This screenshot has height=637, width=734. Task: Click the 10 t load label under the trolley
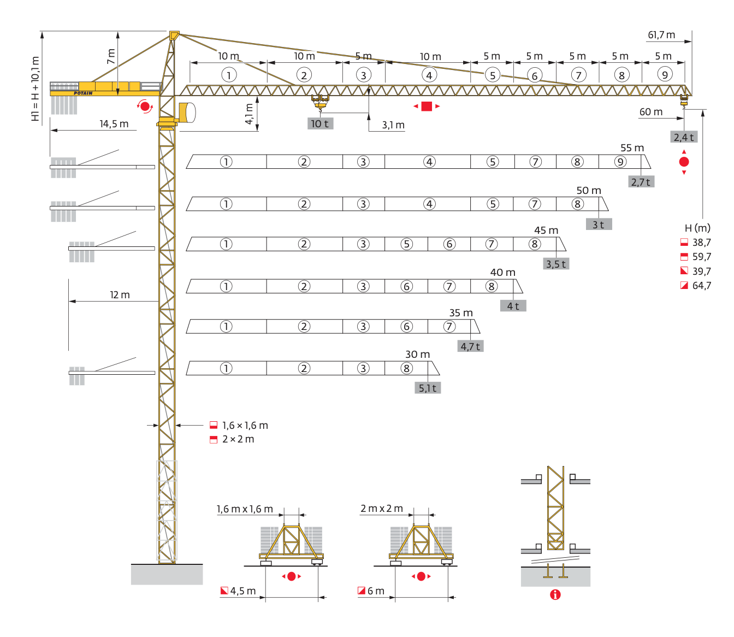[x=320, y=123]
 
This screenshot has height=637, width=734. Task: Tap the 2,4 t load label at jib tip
[x=684, y=137]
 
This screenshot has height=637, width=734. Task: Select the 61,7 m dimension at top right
[x=661, y=35]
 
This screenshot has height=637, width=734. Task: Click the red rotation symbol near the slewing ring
[x=145, y=106]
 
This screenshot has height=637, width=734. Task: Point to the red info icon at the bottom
[x=555, y=594]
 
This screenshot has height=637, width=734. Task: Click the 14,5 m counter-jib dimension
[x=114, y=124]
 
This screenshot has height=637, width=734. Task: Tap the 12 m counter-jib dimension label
[x=120, y=295]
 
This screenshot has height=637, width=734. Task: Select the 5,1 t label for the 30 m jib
[x=428, y=388]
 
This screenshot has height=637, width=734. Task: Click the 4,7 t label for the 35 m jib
[x=470, y=346]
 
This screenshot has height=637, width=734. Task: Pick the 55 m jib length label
[x=632, y=148]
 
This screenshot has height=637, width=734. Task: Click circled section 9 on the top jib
[x=664, y=75]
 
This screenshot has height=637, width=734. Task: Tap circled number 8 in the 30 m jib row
[x=406, y=368]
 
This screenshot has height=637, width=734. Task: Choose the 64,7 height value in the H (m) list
[x=701, y=286]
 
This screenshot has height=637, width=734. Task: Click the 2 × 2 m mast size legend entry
[x=238, y=439]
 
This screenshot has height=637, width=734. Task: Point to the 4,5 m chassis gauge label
[x=242, y=591]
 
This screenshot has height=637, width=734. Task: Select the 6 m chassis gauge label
[x=376, y=591]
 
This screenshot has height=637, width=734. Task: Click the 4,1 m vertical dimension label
[x=249, y=114]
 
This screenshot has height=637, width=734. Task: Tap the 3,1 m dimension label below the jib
[x=393, y=125]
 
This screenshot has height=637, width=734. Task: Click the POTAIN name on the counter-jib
[x=83, y=93]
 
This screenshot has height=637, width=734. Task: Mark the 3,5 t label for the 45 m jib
[x=556, y=264]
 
